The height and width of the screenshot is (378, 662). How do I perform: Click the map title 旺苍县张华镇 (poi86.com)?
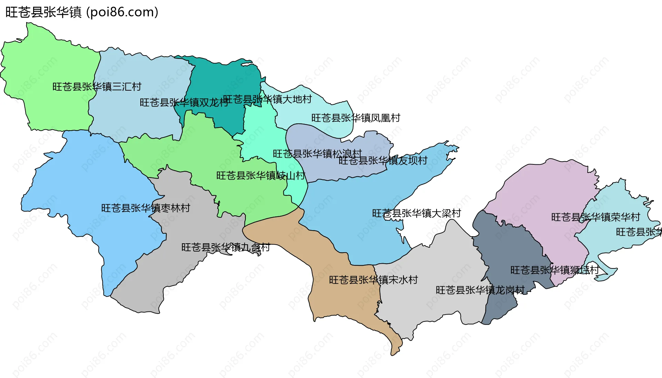[x=82, y=12]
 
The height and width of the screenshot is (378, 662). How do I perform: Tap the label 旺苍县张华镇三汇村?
[x=97, y=86]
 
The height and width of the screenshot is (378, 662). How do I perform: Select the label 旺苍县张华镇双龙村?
[x=184, y=102]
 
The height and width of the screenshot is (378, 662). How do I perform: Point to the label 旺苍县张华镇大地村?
[x=267, y=99]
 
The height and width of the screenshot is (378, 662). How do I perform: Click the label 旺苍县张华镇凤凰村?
[x=355, y=118]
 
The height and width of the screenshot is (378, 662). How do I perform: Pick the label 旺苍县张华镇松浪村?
[x=317, y=153]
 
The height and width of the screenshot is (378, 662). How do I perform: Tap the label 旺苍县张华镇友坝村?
[x=383, y=161]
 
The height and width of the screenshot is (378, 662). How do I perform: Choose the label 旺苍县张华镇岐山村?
[x=261, y=176]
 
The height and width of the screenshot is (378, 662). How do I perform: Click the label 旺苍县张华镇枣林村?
[x=146, y=208]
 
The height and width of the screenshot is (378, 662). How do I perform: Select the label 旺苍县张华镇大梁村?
[x=416, y=213]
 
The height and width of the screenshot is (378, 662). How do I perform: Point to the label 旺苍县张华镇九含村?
[x=225, y=247]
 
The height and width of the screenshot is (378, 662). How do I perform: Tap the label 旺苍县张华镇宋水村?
[x=373, y=280]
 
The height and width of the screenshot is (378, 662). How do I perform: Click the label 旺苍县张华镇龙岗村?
[x=480, y=290]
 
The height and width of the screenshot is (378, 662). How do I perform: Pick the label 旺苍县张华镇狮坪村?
[x=554, y=270]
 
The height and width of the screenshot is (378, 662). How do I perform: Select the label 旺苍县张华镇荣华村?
[x=595, y=217]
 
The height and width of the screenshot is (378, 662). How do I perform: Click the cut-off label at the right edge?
[x=639, y=232]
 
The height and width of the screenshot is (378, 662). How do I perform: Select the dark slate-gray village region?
[x=507, y=248]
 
